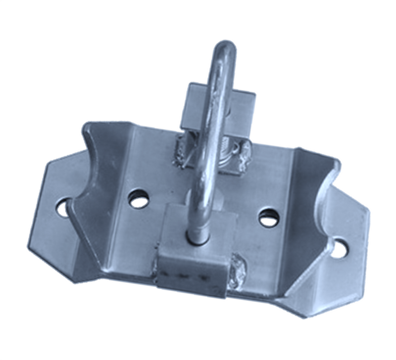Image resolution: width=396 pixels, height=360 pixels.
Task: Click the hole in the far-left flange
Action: point(63,207)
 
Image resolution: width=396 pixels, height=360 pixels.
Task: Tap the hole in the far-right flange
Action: point(339,248)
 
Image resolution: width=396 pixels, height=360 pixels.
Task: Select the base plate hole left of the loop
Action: point(138,199)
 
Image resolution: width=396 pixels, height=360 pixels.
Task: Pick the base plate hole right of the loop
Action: point(268,218)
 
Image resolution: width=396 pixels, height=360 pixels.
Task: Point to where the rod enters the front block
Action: point(198,238)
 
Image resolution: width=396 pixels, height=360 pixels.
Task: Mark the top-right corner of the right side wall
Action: point(338,162)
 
